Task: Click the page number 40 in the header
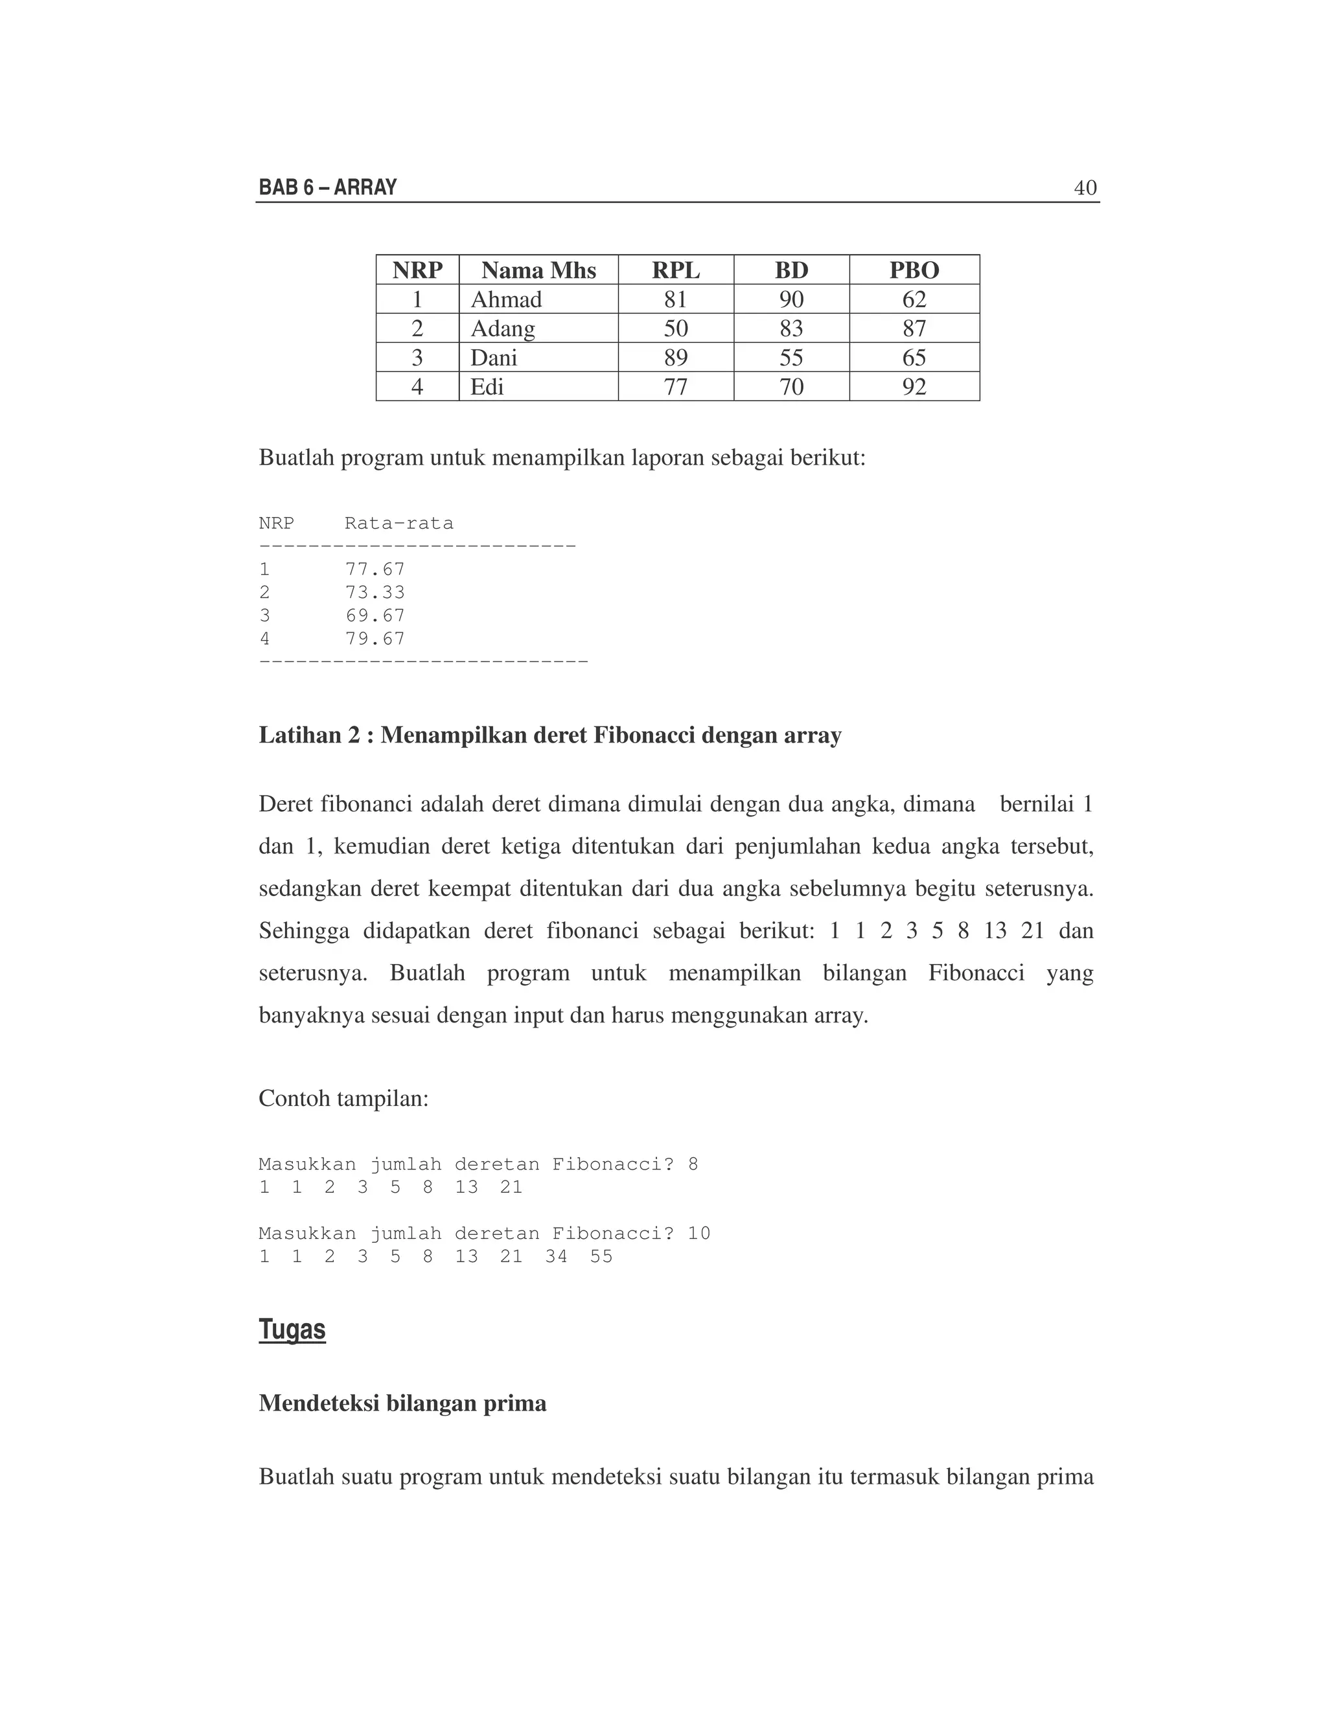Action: coord(1085,188)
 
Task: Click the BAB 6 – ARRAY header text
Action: coord(328,188)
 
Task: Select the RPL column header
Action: coord(675,270)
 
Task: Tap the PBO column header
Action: coord(914,270)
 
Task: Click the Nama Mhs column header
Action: coord(538,270)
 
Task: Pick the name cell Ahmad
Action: coord(506,299)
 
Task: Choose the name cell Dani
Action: coord(494,358)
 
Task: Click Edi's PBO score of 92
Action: coord(914,387)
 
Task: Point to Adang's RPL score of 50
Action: coord(675,328)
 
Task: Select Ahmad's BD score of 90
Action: coord(791,299)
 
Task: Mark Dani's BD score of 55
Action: coord(791,358)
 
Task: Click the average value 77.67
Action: coord(375,569)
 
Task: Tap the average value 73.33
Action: coord(375,592)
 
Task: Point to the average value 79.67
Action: coord(375,638)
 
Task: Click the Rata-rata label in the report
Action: coord(398,524)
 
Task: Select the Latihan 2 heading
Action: coord(549,735)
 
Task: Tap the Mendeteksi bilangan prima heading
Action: coord(402,1403)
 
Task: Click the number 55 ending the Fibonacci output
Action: coord(601,1256)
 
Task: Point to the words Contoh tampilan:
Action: coord(343,1098)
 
